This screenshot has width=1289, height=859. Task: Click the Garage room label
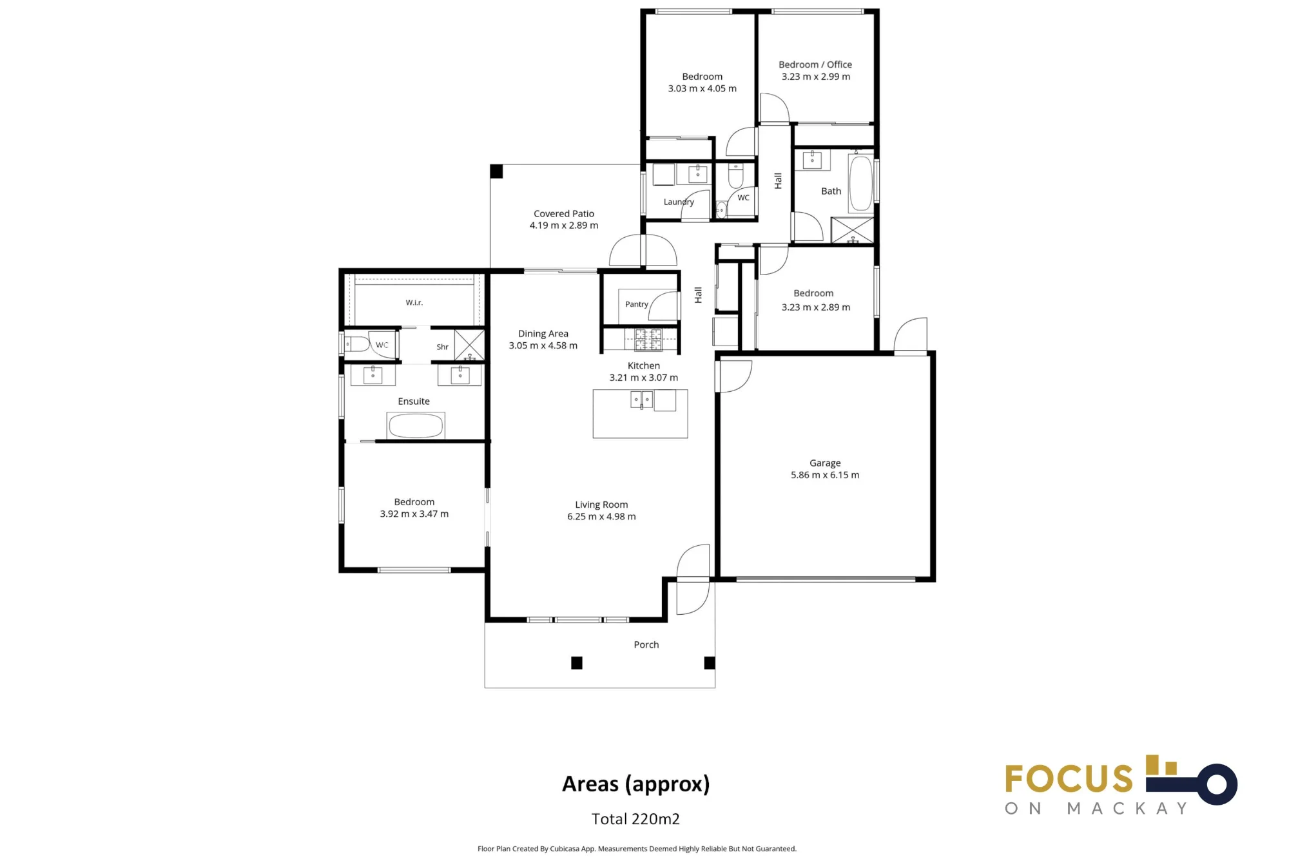point(825,463)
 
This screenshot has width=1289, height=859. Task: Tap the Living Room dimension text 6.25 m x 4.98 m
point(601,516)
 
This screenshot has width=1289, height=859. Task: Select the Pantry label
point(637,304)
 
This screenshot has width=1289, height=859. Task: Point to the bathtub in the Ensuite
point(416,425)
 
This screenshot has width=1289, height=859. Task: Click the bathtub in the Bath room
point(860,183)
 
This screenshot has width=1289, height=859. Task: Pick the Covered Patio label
point(564,213)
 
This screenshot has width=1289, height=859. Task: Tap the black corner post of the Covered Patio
point(496,171)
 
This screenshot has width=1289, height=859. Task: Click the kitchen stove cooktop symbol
point(648,340)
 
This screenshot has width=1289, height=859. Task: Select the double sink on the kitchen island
point(642,400)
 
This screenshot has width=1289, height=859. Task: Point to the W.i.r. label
point(414,302)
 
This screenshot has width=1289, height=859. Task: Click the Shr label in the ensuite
point(442,347)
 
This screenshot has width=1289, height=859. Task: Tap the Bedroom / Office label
point(815,64)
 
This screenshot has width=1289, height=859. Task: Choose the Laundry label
point(679,202)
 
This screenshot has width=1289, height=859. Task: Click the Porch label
point(646,644)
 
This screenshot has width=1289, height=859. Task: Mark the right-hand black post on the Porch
point(710,662)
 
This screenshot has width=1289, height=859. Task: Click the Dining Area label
point(543,333)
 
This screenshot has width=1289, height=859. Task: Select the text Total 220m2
point(635,818)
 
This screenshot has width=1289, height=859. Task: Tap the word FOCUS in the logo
point(1069,778)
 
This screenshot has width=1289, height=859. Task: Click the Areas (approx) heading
point(635,784)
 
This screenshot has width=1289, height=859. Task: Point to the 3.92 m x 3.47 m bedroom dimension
point(414,514)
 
